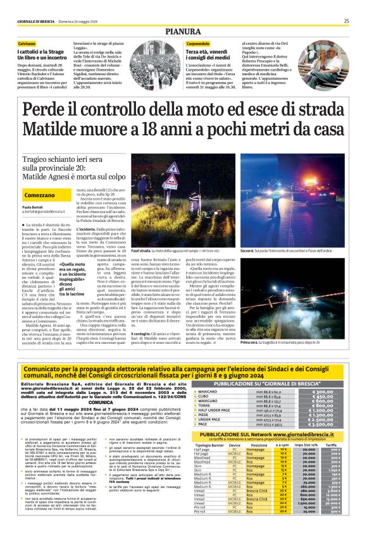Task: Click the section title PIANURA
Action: click(183, 31)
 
